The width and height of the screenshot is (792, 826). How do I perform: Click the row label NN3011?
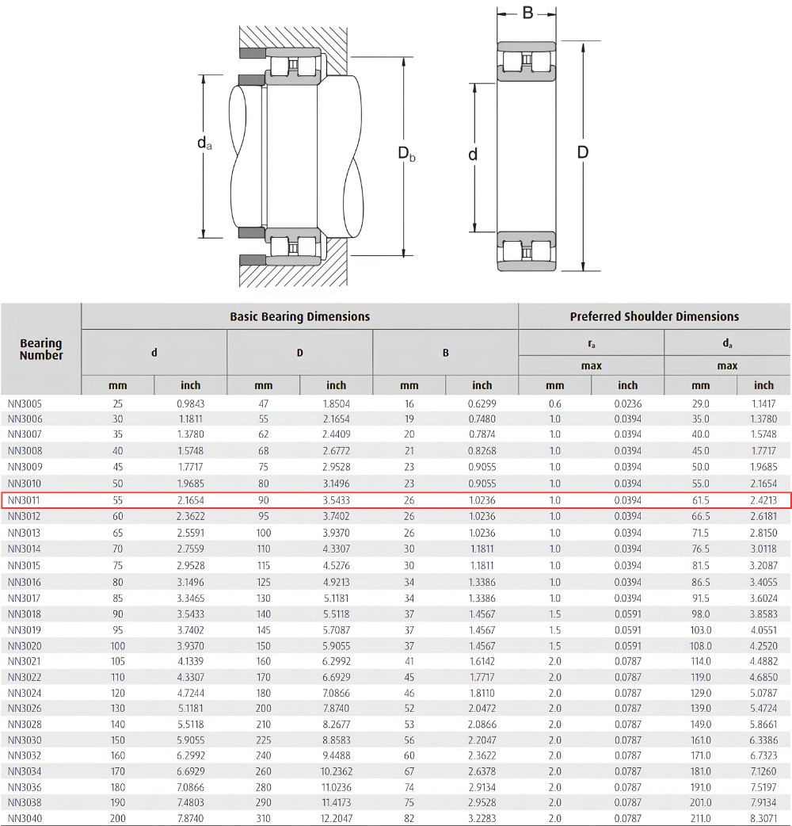(x=24, y=500)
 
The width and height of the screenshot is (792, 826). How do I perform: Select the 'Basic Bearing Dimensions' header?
(x=299, y=316)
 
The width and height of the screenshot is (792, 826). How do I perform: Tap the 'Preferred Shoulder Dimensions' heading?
(x=654, y=316)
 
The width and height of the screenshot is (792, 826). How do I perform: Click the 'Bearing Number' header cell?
(x=41, y=349)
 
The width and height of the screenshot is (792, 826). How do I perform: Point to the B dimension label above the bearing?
(x=527, y=13)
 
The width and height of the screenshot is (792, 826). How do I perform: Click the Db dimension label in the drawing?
(x=406, y=153)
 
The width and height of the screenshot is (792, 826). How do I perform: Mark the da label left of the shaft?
(x=204, y=143)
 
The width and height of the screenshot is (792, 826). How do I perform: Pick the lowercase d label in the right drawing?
(x=473, y=155)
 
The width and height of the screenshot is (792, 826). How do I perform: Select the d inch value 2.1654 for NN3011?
(x=191, y=500)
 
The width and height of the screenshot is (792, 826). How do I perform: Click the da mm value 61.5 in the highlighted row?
(x=700, y=500)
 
